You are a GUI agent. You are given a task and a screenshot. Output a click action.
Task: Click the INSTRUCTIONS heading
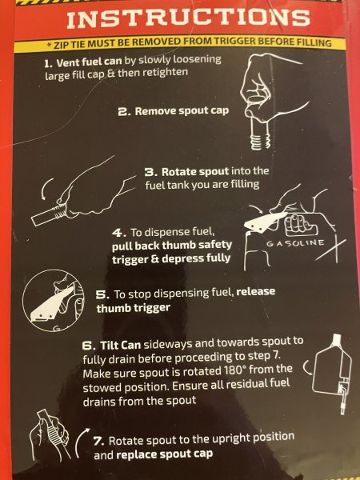[x=188, y=18]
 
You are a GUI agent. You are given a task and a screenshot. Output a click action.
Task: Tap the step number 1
[x=47, y=63]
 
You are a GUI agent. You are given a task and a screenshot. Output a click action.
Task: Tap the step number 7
[x=99, y=441]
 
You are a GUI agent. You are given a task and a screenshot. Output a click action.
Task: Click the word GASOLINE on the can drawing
[x=295, y=243]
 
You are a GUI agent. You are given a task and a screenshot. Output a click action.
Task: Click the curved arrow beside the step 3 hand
[x=46, y=189]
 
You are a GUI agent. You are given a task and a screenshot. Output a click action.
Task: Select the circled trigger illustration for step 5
[x=53, y=301]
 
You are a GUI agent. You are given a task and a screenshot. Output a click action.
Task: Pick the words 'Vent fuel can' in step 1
[x=90, y=62]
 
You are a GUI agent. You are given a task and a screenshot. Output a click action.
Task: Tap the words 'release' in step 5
[x=256, y=291]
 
